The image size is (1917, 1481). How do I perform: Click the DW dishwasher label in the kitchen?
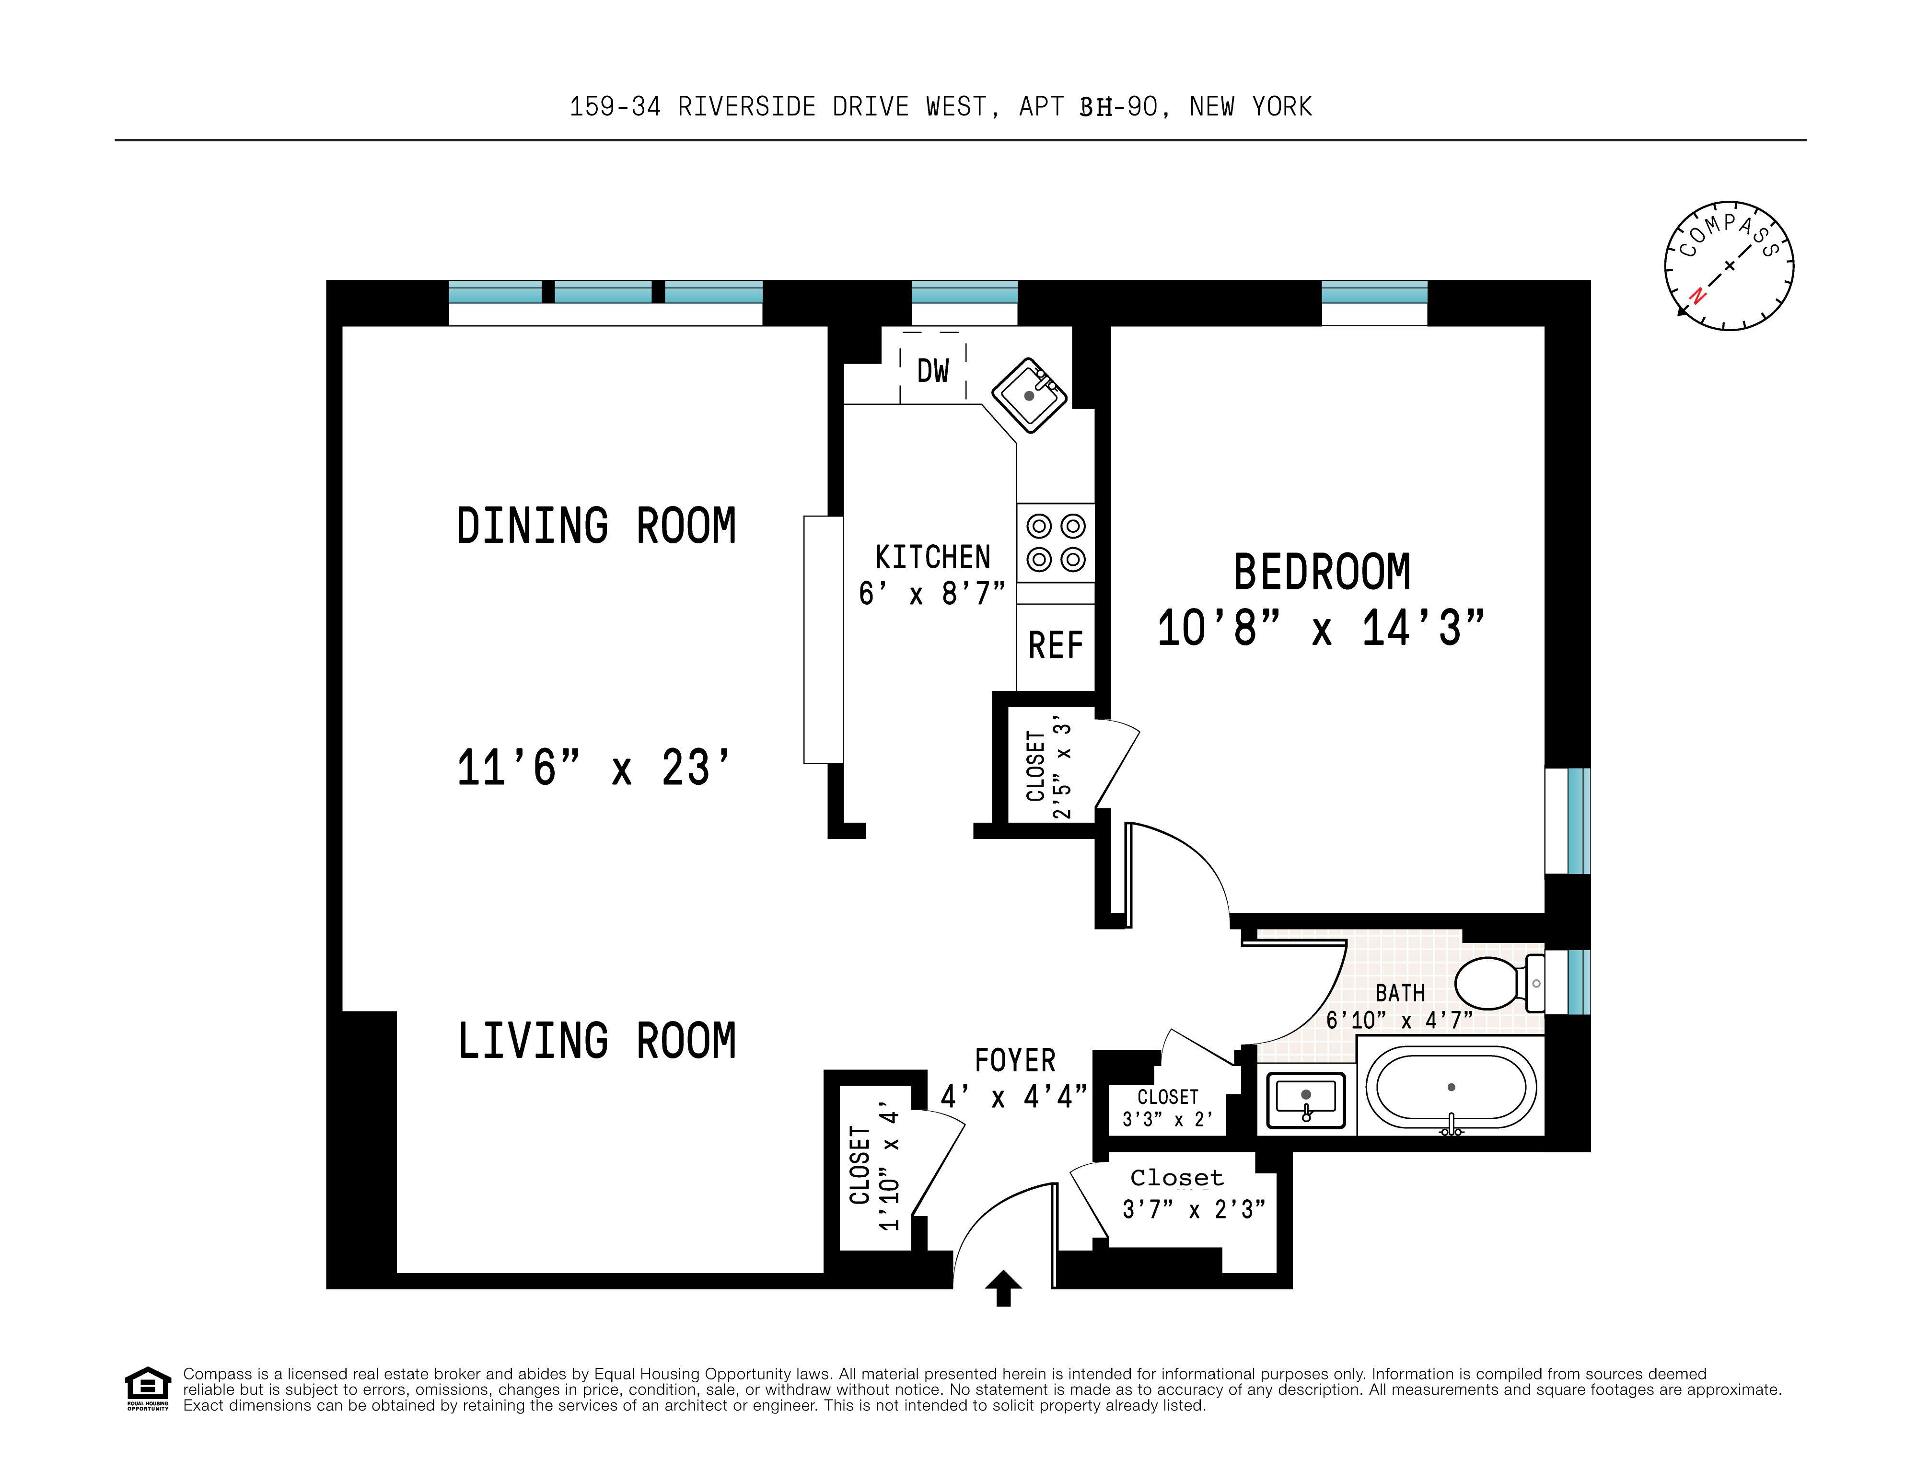coord(932,371)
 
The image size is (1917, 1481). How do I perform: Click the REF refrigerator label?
coord(1055,646)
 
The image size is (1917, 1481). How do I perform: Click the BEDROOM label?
coord(1322,572)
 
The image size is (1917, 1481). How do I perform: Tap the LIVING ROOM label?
coord(597,1042)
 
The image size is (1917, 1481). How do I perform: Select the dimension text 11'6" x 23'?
coord(593,768)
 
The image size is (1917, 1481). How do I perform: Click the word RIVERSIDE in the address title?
coord(746,107)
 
